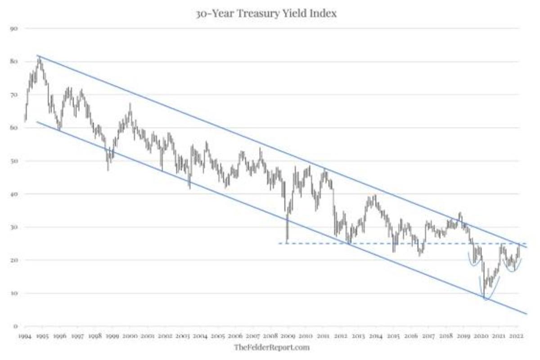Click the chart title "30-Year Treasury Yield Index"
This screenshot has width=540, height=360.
266,13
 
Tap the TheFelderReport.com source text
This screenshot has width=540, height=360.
272,347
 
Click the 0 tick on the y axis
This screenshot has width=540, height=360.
15,326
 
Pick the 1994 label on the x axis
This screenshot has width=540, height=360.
25,337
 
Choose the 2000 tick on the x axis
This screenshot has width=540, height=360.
130,337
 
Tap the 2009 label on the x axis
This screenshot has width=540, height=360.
288,337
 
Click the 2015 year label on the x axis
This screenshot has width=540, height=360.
393,337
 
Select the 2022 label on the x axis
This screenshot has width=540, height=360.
516,337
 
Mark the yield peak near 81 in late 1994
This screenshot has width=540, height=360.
39,58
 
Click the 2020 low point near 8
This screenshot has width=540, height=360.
485,298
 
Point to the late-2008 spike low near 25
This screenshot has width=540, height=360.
287,242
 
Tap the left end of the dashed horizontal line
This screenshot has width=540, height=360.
279,243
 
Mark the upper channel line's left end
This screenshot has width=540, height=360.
37,55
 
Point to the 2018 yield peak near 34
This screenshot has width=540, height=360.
460,213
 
